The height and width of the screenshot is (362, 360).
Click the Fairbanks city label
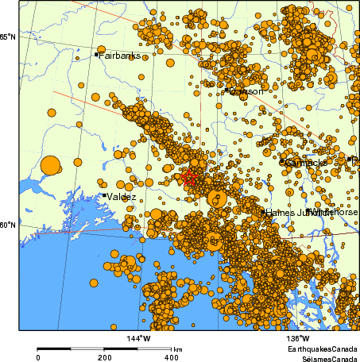click(x=120, y=56)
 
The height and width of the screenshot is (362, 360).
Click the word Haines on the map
click(x=281, y=213)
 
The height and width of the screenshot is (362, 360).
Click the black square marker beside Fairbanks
click(x=97, y=55)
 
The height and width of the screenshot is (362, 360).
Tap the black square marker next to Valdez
click(x=104, y=195)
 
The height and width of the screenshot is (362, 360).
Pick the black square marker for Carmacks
click(x=282, y=161)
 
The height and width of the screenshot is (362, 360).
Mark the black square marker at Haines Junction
click(x=264, y=212)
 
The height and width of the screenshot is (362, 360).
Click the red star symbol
click(x=189, y=178)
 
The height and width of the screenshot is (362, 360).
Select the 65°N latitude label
click(x=9, y=37)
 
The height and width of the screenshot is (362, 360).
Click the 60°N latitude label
click(x=9, y=225)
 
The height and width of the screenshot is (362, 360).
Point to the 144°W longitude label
click(x=139, y=340)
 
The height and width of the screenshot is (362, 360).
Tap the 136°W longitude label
click(x=277, y=340)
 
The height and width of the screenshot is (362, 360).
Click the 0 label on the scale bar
click(x=38, y=358)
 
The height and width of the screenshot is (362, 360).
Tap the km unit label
click(x=178, y=349)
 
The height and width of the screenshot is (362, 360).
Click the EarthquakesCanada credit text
click(x=322, y=349)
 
